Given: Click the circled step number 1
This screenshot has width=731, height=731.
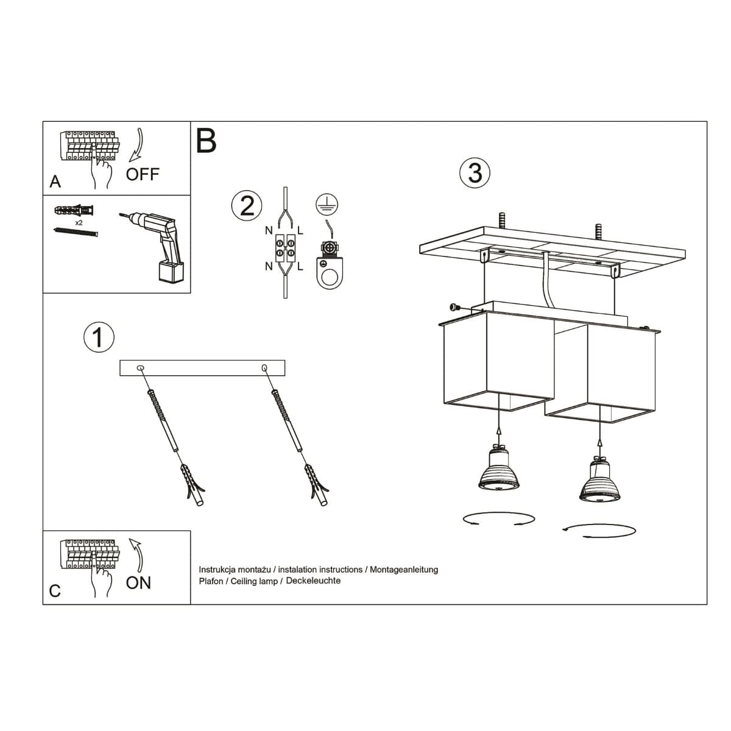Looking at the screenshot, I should (98, 337).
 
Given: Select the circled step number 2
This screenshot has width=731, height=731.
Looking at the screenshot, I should (247, 206).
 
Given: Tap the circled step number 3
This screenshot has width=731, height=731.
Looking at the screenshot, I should (475, 172).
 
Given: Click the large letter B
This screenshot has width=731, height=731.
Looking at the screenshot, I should (207, 141).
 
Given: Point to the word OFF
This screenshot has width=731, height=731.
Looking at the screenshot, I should (143, 175).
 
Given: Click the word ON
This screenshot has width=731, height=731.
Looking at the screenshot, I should (138, 583).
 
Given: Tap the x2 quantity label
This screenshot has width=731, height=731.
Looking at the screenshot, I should (79, 223).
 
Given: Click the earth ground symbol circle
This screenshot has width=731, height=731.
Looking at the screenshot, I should (327, 205).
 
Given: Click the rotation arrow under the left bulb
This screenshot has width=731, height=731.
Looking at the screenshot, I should (499, 518).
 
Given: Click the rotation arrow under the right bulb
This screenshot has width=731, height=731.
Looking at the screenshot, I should (599, 529).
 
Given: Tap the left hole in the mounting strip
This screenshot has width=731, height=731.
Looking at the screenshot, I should (141, 368).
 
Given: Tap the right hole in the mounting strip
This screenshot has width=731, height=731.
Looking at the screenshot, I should (264, 368).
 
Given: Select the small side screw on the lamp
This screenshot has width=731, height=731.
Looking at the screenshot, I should (454, 308).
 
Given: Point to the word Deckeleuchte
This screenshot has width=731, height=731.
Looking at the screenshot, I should (313, 581).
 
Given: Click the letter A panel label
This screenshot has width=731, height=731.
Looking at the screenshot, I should (55, 182).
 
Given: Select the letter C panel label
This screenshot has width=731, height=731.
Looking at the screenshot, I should (55, 591).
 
